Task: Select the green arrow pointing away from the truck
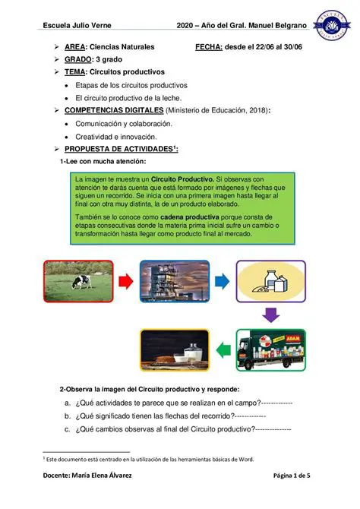(x=223, y=350)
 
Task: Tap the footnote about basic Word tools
(x=156, y=460)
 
